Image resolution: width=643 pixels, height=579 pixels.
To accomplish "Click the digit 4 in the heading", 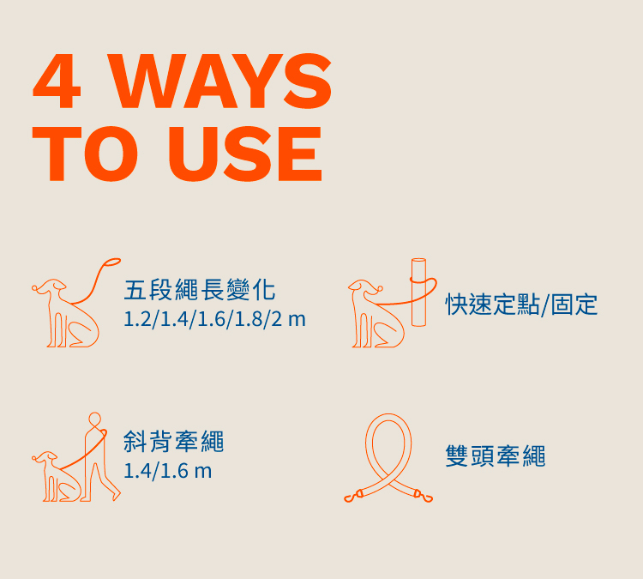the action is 57,81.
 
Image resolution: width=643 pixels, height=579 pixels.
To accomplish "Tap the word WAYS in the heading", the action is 219,81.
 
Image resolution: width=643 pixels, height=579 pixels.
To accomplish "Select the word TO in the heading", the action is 85,154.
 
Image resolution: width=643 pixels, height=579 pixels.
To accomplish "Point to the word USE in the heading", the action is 245,154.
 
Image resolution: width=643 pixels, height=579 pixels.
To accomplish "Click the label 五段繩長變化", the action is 200,290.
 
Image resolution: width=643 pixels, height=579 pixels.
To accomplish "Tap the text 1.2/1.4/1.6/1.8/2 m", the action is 214,319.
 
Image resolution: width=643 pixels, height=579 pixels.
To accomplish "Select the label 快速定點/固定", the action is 521,305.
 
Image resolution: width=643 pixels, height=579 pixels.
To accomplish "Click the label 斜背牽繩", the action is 174,442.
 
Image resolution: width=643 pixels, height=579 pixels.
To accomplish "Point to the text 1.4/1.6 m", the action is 168,471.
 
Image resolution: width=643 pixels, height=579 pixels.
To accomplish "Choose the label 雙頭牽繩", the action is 496,455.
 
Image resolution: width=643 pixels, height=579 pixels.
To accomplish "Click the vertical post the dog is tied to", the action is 418,293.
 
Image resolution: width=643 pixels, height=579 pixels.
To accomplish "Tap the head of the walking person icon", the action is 94,419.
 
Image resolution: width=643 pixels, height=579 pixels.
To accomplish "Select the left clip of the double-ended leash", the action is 352,497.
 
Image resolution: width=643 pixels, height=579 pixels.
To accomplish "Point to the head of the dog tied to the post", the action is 365,286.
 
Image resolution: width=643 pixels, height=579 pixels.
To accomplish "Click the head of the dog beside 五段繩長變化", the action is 49,286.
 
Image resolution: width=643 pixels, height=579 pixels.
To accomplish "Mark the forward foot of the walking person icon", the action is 117,495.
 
